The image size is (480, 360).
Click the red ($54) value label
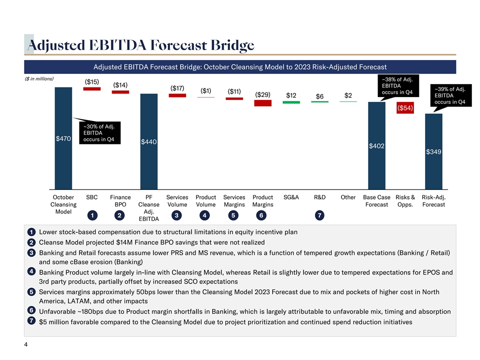[405, 108]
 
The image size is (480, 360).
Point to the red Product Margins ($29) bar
[263, 103]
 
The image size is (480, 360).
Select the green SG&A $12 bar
[291, 102]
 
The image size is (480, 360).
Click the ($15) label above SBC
[91, 81]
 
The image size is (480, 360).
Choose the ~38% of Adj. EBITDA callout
[397, 85]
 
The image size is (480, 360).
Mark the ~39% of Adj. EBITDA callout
[452, 95]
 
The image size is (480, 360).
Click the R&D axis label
[320, 197]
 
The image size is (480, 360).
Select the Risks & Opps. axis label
[405, 200]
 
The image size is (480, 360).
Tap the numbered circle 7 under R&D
[320, 215]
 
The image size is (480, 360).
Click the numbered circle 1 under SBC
[92, 215]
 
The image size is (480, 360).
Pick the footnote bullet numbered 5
[31, 291]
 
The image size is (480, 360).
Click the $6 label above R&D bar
[320, 96]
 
